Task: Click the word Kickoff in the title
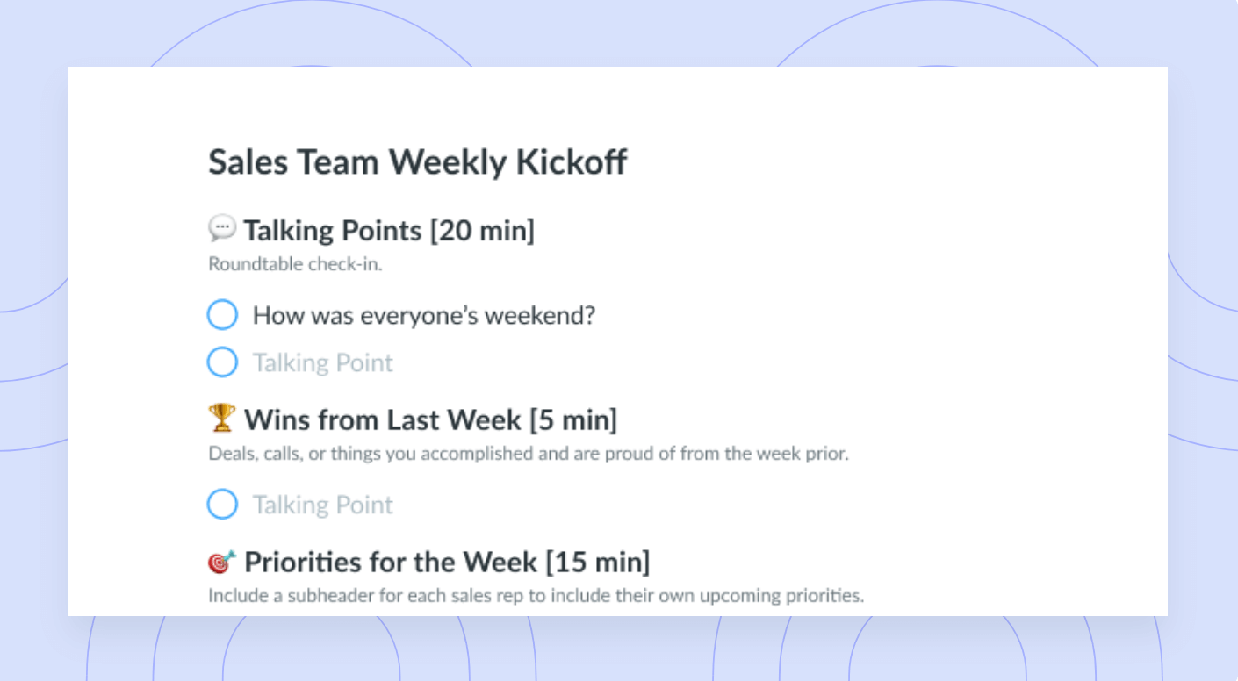click(x=572, y=162)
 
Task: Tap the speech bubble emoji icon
click(x=221, y=228)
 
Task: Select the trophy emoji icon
click(x=221, y=418)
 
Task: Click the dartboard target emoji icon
click(x=221, y=562)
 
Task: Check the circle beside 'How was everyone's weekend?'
click(x=222, y=315)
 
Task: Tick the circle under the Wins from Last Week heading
click(x=222, y=504)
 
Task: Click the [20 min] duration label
click(x=483, y=230)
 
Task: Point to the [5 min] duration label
click(x=573, y=419)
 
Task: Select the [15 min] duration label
click(x=597, y=563)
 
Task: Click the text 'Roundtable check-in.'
click(x=295, y=264)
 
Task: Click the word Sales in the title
click(x=248, y=162)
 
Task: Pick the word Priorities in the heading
click(x=303, y=563)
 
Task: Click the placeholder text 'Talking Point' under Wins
click(x=323, y=505)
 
